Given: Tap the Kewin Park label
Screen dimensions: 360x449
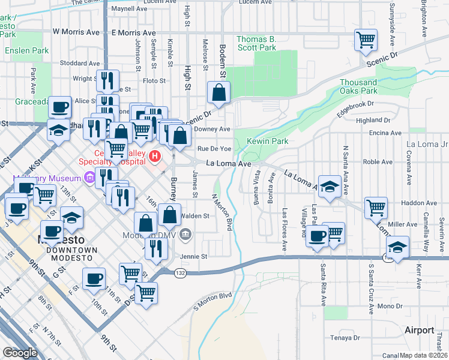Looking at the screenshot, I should [x=268, y=142].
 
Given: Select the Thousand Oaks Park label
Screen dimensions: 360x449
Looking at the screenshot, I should [x=359, y=86].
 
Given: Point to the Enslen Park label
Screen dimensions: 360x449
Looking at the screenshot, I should [x=27, y=51].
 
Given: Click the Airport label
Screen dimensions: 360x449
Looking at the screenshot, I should [x=419, y=330].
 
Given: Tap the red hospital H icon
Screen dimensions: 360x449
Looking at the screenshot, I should [x=155, y=157].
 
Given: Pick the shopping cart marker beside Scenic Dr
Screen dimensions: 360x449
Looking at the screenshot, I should [x=366, y=40].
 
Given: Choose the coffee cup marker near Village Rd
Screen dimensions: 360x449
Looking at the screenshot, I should [x=317, y=235].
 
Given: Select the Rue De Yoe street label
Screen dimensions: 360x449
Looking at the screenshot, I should [x=214, y=148].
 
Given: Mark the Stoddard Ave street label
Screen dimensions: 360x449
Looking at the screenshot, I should [x=74, y=62].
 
